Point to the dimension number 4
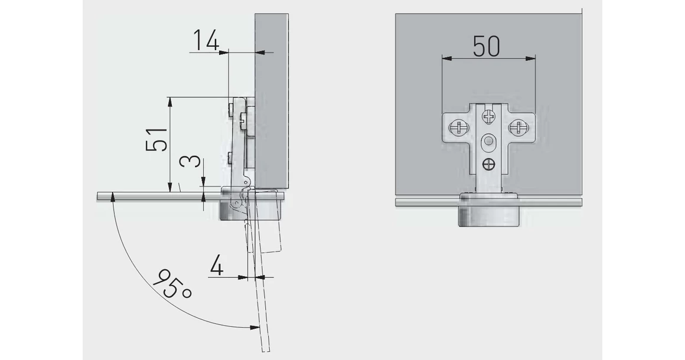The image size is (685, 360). (217, 266)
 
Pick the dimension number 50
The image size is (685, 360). (486, 46)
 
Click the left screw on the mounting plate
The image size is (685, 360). (458, 128)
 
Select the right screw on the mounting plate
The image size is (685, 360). (518, 128)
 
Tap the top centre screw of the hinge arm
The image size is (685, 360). (488, 116)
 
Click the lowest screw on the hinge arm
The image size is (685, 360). (488, 165)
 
